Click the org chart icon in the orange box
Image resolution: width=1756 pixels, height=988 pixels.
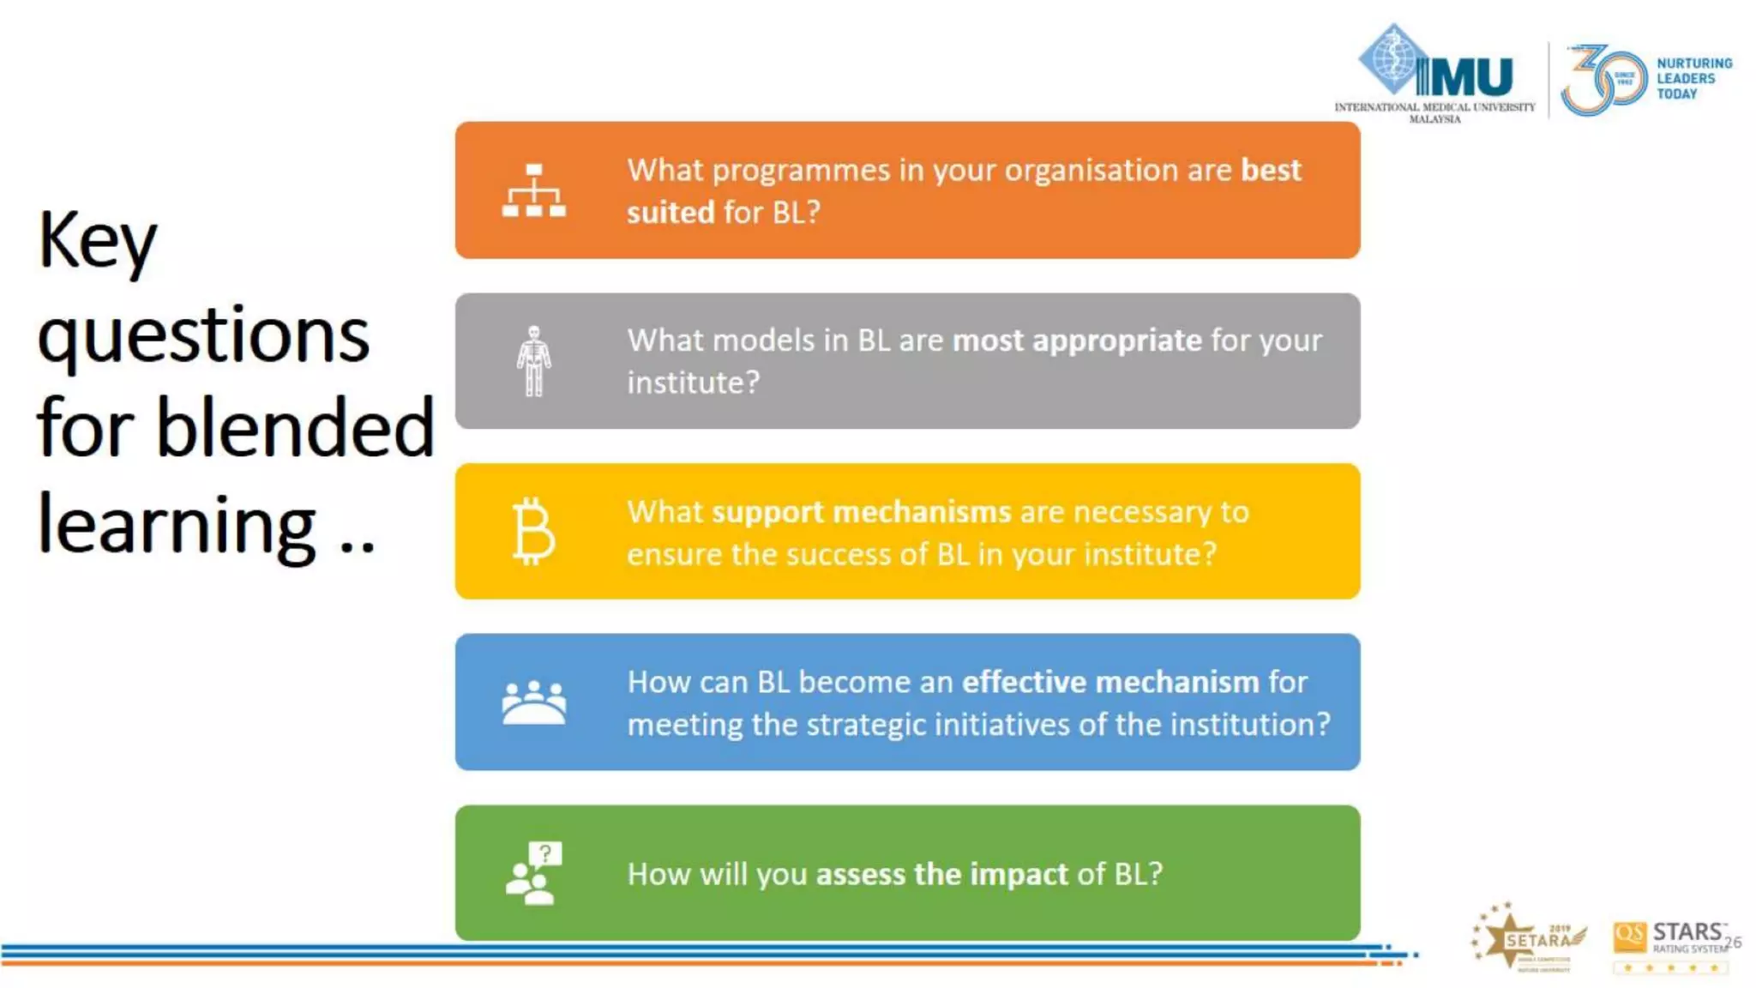coord(533,190)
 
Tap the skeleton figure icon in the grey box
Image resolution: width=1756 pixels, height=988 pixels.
coord(533,361)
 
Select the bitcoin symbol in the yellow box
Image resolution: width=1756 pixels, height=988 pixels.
coord(533,532)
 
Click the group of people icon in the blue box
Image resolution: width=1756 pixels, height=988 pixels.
coord(533,702)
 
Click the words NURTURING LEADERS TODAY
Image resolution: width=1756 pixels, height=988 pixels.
coord(1693,79)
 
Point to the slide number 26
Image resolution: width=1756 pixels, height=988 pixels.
coord(1733,942)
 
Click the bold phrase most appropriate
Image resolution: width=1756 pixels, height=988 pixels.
coord(1077,340)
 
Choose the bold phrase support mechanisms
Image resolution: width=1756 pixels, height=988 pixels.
coord(861,511)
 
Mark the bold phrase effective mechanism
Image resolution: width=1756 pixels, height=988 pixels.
coord(1110,682)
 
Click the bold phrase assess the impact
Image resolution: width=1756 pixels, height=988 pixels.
coord(941,874)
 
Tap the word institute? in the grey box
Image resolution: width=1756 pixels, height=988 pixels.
coord(693,383)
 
